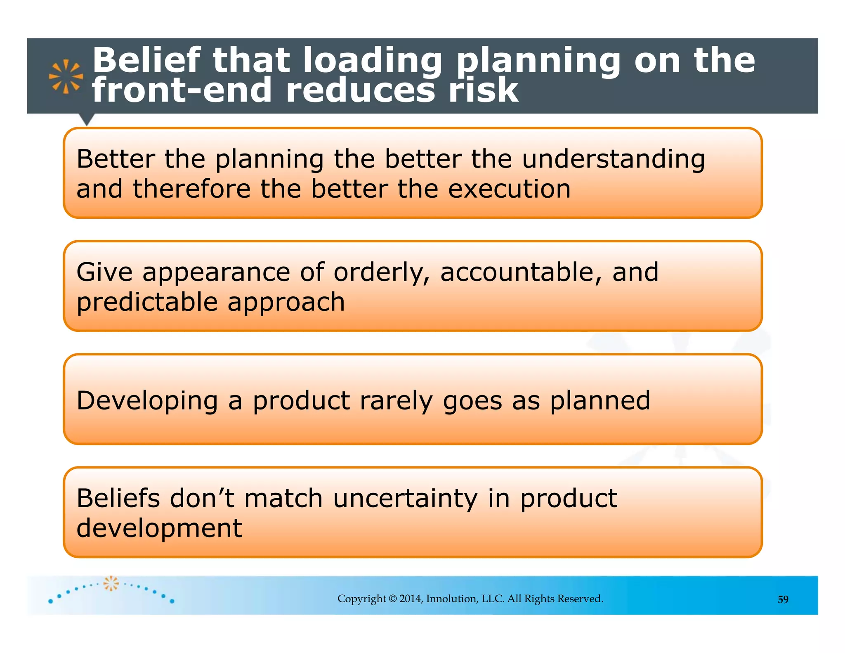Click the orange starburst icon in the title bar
[66, 76]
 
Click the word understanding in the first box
[614, 159]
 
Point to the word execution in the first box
[509, 189]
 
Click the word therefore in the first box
[191, 189]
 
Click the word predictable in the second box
[147, 303]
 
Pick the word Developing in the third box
[147, 401]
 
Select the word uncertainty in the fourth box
[405, 498]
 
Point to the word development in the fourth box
[159, 528]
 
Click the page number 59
[783, 599]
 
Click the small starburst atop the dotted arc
[111, 583]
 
